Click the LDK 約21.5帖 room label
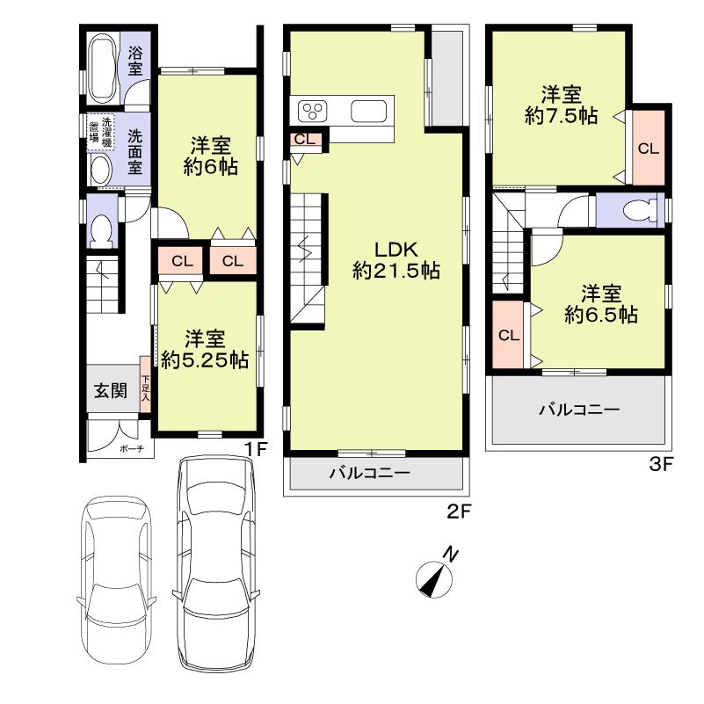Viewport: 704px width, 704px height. pos(396,260)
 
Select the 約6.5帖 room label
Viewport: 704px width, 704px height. pos(601,304)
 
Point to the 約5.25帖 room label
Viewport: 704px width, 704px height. pos(205,350)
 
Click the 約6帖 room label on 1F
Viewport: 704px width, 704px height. pos(210,157)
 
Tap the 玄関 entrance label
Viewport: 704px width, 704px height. pos(110,391)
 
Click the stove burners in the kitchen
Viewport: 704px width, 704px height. pos(313,112)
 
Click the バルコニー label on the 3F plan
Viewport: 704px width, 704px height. pos(579,410)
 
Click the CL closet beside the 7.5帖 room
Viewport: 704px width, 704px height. pos(648,149)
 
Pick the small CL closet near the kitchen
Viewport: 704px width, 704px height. pos(304,138)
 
